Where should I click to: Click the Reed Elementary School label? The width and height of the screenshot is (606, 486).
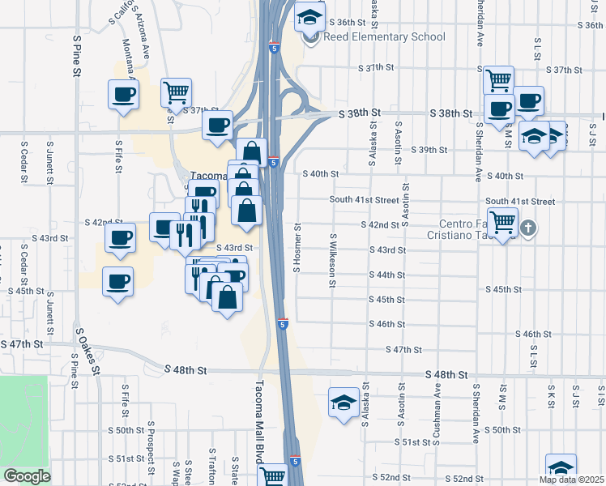(x=384, y=36)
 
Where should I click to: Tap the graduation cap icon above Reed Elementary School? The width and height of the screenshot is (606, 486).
(x=308, y=16)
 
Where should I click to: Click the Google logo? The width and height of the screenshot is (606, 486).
(x=27, y=476)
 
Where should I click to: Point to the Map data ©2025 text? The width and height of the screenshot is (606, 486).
(x=571, y=480)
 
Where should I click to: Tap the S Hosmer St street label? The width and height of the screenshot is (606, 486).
(x=297, y=247)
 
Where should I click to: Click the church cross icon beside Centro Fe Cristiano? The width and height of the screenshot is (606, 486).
(x=528, y=227)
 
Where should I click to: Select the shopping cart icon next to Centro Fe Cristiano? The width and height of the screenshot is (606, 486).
(x=504, y=221)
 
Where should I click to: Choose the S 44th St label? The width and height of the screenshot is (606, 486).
(x=386, y=275)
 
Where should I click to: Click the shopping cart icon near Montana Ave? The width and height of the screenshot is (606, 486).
(x=175, y=92)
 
